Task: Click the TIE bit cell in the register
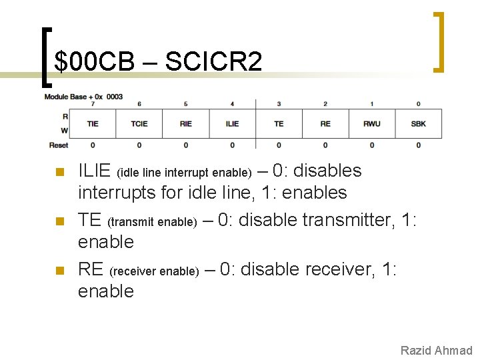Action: click(93, 123)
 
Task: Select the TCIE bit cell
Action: click(139, 123)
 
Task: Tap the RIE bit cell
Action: click(186, 123)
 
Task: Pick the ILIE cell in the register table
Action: click(232, 123)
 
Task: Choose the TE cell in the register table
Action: click(279, 123)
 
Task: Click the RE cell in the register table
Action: click(325, 123)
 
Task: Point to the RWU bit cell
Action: click(372, 123)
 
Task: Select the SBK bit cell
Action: click(418, 123)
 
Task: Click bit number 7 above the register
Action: click(93, 104)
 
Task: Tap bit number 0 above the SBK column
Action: click(418, 104)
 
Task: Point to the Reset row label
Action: click(59, 145)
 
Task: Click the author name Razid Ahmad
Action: click(436, 351)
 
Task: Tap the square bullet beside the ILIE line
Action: click(60, 172)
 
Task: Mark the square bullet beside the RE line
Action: click(60, 271)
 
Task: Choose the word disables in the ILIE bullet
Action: click(327, 171)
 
